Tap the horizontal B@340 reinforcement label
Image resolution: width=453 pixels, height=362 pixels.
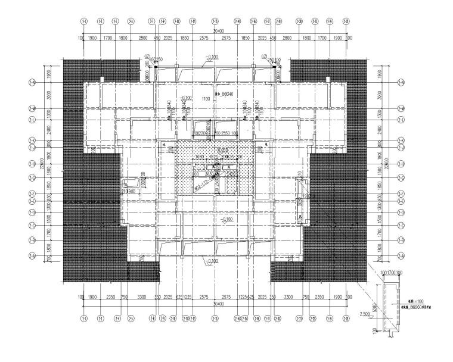tap(226, 94)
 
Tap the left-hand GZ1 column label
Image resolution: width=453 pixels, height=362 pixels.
tap(147, 57)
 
